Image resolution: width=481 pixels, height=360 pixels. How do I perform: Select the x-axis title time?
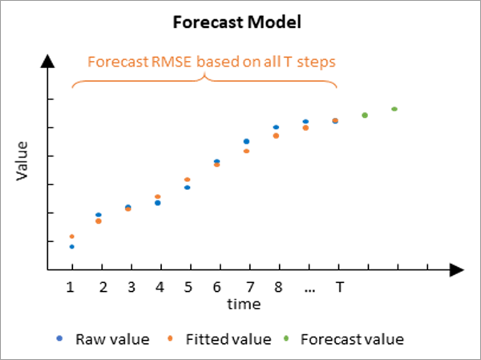point(243,305)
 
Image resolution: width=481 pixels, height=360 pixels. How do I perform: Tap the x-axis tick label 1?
point(71,287)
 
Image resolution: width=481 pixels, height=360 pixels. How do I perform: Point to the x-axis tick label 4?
point(160,287)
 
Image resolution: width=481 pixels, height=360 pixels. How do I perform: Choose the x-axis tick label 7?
point(248,287)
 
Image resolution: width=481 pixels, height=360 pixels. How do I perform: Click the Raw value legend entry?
point(112,338)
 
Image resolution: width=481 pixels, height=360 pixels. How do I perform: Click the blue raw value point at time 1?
point(72,247)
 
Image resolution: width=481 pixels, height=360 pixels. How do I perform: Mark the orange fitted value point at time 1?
point(72,237)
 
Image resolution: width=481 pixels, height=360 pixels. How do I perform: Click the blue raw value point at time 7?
point(247,141)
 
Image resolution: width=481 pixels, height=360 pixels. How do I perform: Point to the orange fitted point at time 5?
point(188,180)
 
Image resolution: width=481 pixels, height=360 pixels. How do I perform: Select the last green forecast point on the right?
point(394,109)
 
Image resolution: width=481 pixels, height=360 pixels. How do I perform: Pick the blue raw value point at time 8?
point(276,127)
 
